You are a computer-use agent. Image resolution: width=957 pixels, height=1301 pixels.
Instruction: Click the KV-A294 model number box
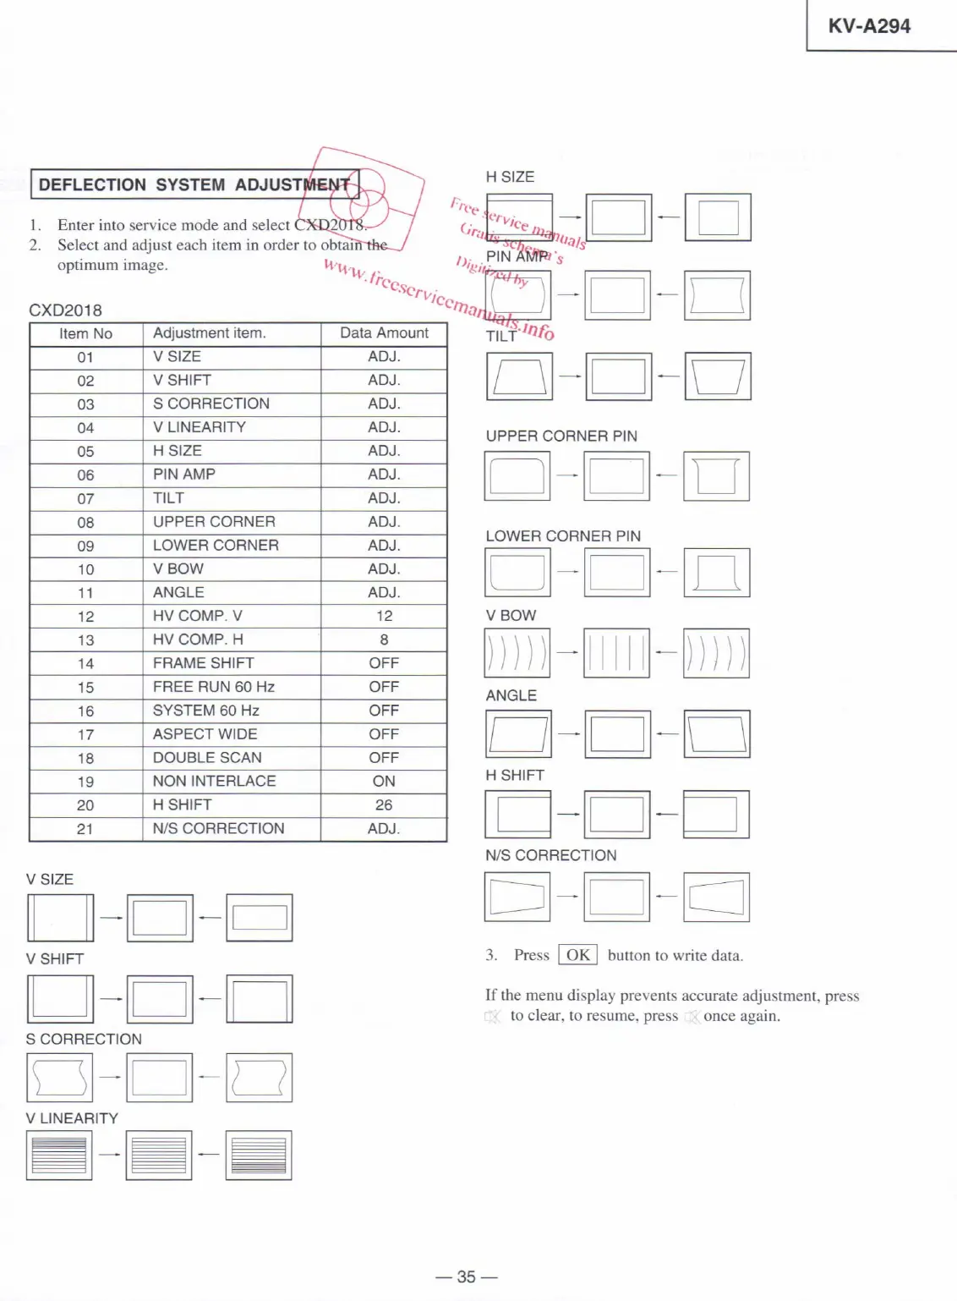[x=869, y=26]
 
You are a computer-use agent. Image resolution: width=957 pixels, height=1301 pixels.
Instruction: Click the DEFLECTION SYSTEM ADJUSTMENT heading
[x=194, y=184]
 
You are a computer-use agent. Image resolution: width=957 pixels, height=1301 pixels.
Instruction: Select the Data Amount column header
[x=384, y=333]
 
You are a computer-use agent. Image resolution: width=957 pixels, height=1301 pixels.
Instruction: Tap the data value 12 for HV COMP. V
[x=384, y=616]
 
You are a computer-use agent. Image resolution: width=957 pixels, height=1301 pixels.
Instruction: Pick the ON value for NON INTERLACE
[x=384, y=781]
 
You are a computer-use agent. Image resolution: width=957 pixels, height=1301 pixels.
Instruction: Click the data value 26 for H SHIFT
[x=384, y=804]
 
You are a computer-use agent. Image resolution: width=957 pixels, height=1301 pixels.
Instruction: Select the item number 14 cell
[x=85, y=664]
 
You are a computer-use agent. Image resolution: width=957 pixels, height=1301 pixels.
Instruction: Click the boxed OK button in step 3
[x=578, y=955]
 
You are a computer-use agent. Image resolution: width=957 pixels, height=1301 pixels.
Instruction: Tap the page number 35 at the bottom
[x=467, y=1276]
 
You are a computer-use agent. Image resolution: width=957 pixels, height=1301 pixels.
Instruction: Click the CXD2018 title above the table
[x=65, y=310]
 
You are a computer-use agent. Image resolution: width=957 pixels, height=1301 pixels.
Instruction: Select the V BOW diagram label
[x=511, y=616]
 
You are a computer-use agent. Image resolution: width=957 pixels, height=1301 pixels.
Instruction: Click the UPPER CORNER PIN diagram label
[x=561, y=436]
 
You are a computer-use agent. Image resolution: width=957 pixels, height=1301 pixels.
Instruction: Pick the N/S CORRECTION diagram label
[x=550, y=855]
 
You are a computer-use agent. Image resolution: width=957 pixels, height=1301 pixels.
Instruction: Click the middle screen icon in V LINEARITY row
[x=159, y=1156]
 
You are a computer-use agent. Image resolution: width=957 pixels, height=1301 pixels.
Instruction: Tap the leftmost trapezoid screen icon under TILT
[x=519, y=376]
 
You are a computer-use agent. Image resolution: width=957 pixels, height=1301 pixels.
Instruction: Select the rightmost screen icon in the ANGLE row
[x=717, y=734]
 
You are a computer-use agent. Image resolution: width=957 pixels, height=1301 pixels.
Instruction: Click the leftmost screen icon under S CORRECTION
[x=59, y=1078]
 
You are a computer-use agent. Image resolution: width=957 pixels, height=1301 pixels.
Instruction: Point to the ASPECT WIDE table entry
[x=205, y=734]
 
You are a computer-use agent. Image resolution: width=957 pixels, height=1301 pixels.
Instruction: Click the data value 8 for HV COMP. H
[x=384, y=640]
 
